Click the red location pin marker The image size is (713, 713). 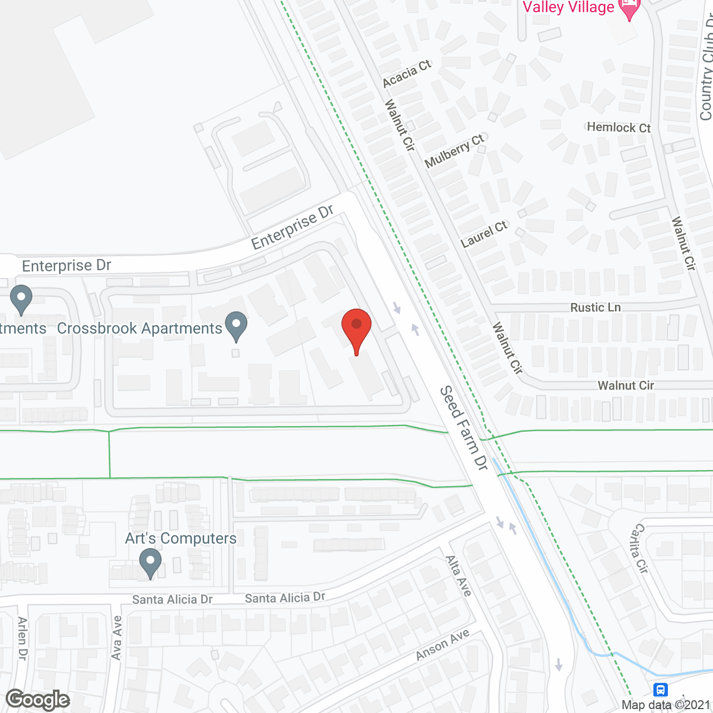point(356,329)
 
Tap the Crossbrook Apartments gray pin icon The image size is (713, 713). point(236,325)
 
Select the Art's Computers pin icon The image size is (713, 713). point(150,563)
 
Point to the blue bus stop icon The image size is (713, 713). point(661,690)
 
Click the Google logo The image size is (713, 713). point(37,700)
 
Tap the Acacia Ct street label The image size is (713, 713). point(407,74)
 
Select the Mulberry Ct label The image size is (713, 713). point(455,150)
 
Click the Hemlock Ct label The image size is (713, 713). point(618,128)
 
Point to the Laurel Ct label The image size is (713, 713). point(484,234)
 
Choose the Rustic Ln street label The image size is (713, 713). point(595,307)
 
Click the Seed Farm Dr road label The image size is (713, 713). point(463,428)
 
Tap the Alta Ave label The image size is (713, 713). point(458,576)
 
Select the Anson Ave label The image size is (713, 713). point(443,644)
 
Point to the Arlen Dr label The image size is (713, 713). point(22,638)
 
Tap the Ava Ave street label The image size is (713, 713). point(116,638)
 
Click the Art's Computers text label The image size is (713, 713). point(180,539)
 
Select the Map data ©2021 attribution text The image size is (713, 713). point(666,705)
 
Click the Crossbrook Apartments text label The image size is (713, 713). point(140,329)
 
